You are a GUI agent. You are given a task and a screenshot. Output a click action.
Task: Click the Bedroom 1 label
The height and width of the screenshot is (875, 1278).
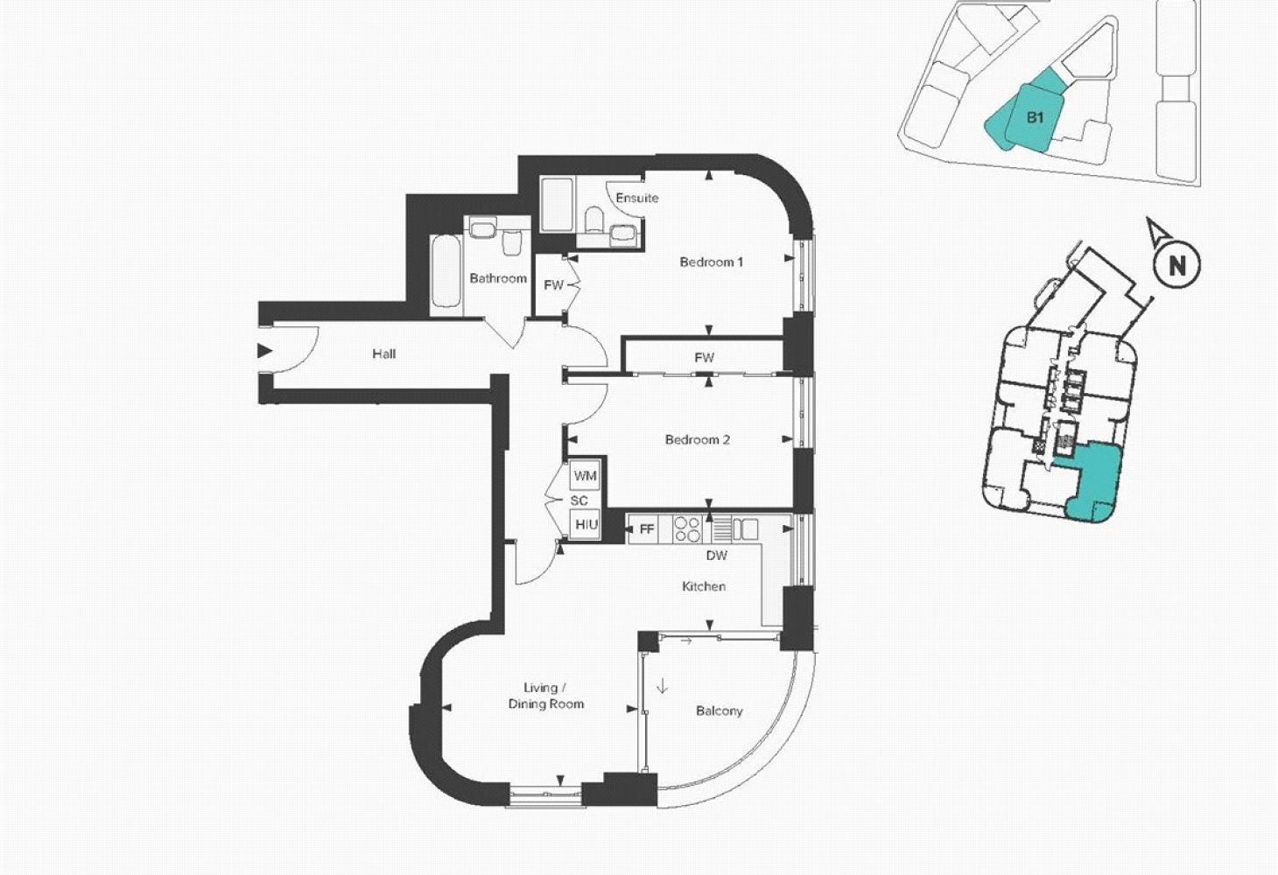click(711, 262)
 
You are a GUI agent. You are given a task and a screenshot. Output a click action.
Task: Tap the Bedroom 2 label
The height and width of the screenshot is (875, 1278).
click(697, 440)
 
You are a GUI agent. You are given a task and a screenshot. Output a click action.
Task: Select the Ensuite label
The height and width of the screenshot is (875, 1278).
click(636, 198)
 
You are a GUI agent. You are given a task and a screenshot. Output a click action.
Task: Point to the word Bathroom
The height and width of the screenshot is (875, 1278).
click(497, 278)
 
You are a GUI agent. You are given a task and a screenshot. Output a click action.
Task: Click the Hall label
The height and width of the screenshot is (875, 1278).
click(384, 354)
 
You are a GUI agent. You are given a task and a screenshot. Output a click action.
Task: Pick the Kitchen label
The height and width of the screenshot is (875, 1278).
click(704, 586)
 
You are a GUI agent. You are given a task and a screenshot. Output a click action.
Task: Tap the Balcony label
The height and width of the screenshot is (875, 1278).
click(719, 711)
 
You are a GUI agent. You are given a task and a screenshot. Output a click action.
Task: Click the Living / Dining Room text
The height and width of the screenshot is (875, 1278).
click(545, 696)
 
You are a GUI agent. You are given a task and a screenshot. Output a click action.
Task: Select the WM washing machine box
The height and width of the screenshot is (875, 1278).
click(585, 476)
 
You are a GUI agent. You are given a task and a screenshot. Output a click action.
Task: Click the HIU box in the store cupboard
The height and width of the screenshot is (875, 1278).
click(586, 524)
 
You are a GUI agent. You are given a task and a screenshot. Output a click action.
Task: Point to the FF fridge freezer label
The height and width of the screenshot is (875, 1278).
click(646, 529)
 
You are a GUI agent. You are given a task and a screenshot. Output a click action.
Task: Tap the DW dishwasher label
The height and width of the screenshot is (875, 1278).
click(717, 556)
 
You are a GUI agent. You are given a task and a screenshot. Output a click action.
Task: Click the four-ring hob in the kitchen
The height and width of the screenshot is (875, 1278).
click(687, 528)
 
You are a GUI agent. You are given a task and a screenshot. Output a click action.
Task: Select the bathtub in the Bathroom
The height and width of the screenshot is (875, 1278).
click(446, 271)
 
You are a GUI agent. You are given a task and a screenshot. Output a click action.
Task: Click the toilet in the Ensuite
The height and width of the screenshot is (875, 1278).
click(594, 220)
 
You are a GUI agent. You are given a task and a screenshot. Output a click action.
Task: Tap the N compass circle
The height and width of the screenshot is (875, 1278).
click(1176, 265)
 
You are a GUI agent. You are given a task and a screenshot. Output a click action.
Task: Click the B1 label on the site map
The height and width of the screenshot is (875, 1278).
click(1035, 117)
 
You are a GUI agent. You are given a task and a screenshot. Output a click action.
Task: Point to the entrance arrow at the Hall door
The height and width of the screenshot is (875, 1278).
click(264, 351)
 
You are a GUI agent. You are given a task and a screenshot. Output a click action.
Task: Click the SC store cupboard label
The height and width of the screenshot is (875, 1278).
click(579, 500)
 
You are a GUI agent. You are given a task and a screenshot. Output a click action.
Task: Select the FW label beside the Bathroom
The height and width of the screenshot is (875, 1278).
click(553, 285)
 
